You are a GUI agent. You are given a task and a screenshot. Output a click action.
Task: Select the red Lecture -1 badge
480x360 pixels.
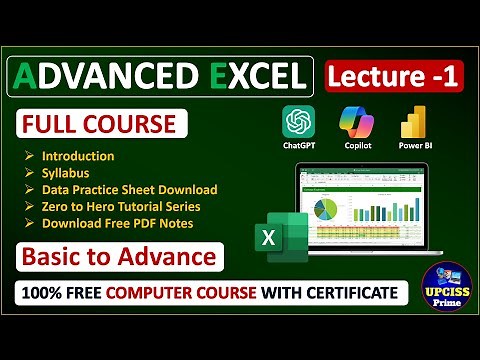pyautogui.click(x=393, y=76)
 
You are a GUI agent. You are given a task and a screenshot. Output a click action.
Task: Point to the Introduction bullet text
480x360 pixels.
pyautogui.click(x=78, y=156)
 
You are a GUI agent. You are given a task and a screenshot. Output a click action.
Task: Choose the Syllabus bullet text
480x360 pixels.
pyautogui.click(x=67, y=173)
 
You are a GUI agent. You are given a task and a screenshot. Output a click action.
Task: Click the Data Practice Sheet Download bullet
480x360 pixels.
pyautogui.click(x=129, y=189)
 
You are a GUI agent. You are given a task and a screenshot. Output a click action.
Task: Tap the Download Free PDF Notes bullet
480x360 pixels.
pyautogui.click(x=117, y=222)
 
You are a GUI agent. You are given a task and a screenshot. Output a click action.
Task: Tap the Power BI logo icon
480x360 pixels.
pyautogui.click(x=413, y=122)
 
